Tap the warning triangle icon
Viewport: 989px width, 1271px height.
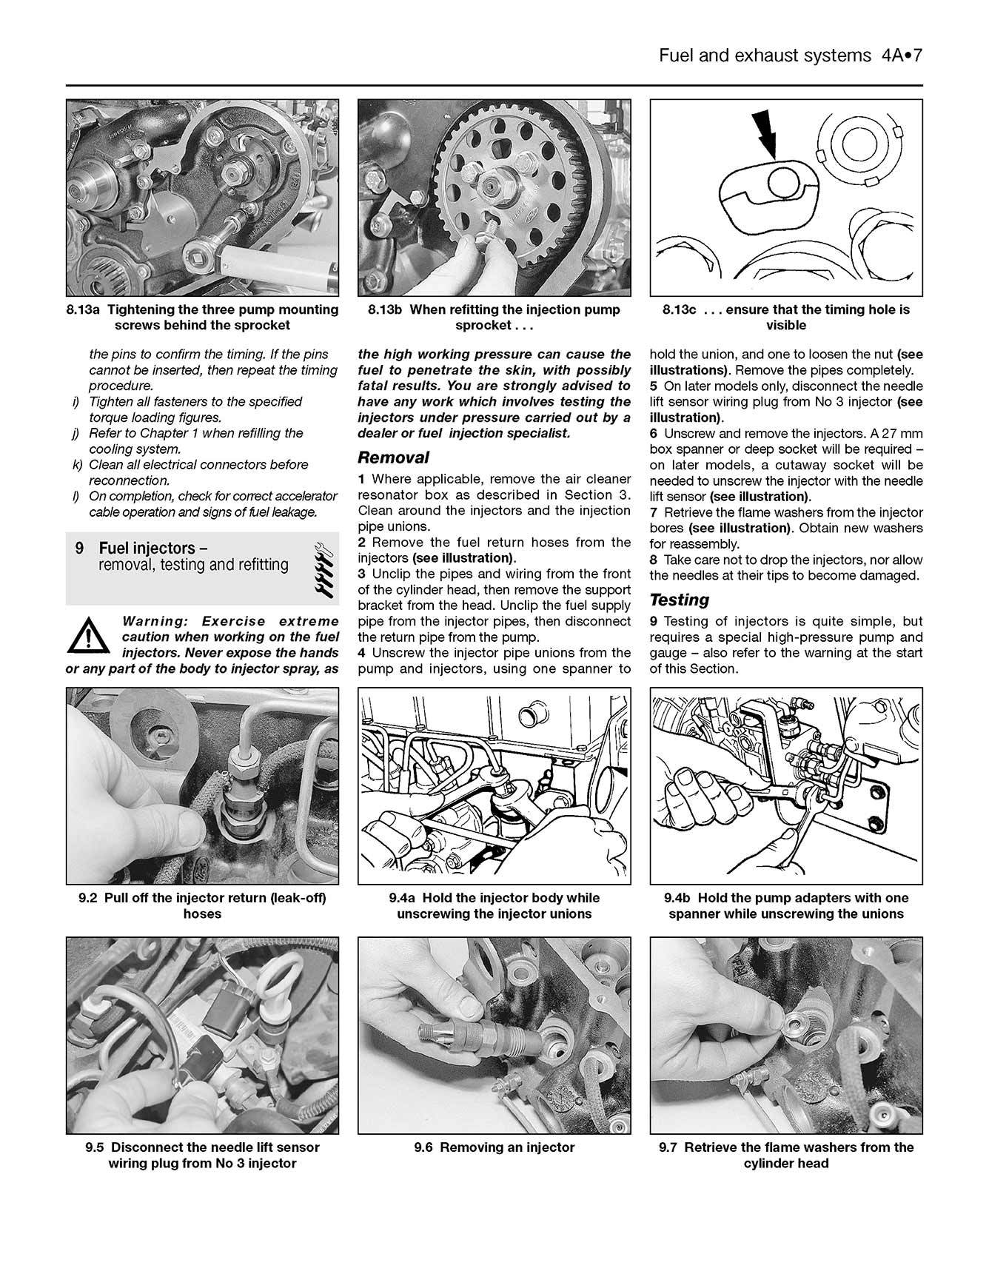[x=87, y=635]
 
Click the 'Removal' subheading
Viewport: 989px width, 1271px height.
[x=393, y=457]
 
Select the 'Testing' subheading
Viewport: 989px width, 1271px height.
[x=679, y=600]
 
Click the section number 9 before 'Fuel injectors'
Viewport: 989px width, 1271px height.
[x=79, y=549]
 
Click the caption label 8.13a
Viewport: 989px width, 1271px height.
[x=81, y=309]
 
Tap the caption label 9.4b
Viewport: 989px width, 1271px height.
[x=679, y=898]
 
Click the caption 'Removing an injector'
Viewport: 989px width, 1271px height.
[x=507, y=1147]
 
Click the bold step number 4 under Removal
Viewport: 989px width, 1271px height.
[x=362, y=653]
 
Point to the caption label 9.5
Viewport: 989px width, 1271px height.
[x=94, y=1147]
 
